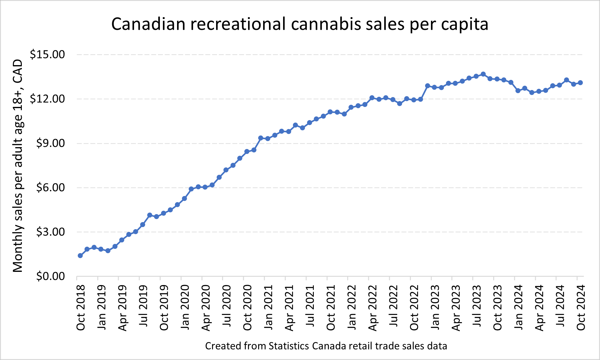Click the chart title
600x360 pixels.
pos(300,24)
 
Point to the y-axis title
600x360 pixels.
pos(18,166)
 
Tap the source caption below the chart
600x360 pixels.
pos(326,346)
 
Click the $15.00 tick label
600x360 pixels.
pos(47,55)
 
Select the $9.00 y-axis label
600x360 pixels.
pos(50,143)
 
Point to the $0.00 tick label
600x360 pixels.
pos(50,276)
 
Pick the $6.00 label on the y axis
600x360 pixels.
pos(50,188)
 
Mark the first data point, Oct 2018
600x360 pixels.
pos(80,256)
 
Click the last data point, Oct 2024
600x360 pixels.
pos(580,83)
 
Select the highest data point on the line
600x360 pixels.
pos(483,74)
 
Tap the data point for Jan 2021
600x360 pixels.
pos(268,139)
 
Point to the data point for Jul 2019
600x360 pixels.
pos(143,225)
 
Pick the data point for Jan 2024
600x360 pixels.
pos(518,91)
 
